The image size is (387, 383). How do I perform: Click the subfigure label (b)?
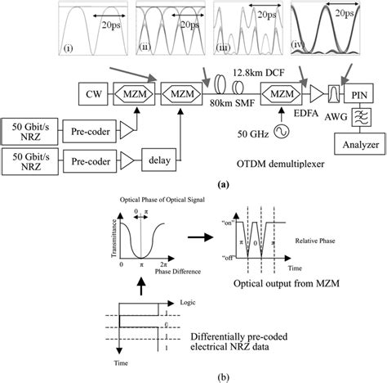pos(193,375)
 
